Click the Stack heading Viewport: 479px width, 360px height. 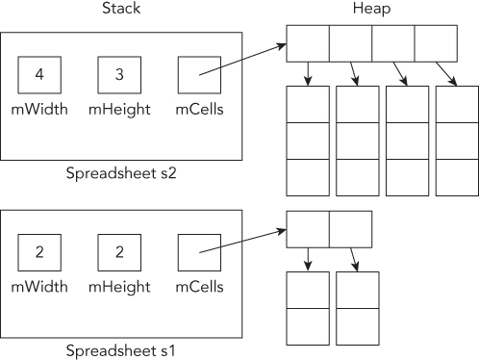click(x=119, y=10)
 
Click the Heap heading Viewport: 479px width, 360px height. click(x=373, y=10)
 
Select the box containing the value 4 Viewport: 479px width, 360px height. click(x=38, y=74)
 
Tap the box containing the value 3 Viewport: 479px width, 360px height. click(x=118, y=74)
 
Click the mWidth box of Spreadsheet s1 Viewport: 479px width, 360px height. click(x=38, y=252)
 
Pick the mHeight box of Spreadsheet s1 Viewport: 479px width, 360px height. click(x=118, y=252)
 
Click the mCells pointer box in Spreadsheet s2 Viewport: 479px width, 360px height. click(x=198, y=74)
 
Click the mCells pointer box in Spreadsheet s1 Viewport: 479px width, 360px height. click(x=198, y=252)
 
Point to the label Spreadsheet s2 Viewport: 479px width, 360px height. click(x=119, y=174)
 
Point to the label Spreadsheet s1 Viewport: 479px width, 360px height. click(x=119, y=351)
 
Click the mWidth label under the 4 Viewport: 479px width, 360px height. click(x=38, y=109)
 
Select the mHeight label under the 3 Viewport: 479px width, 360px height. click(x=119, y=109)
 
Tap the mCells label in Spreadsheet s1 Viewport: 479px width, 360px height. click(x=199, y=287)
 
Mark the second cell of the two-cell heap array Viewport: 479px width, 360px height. click(x=350, y=228)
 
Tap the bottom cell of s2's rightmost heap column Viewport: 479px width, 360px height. click(x=456, y=177)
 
